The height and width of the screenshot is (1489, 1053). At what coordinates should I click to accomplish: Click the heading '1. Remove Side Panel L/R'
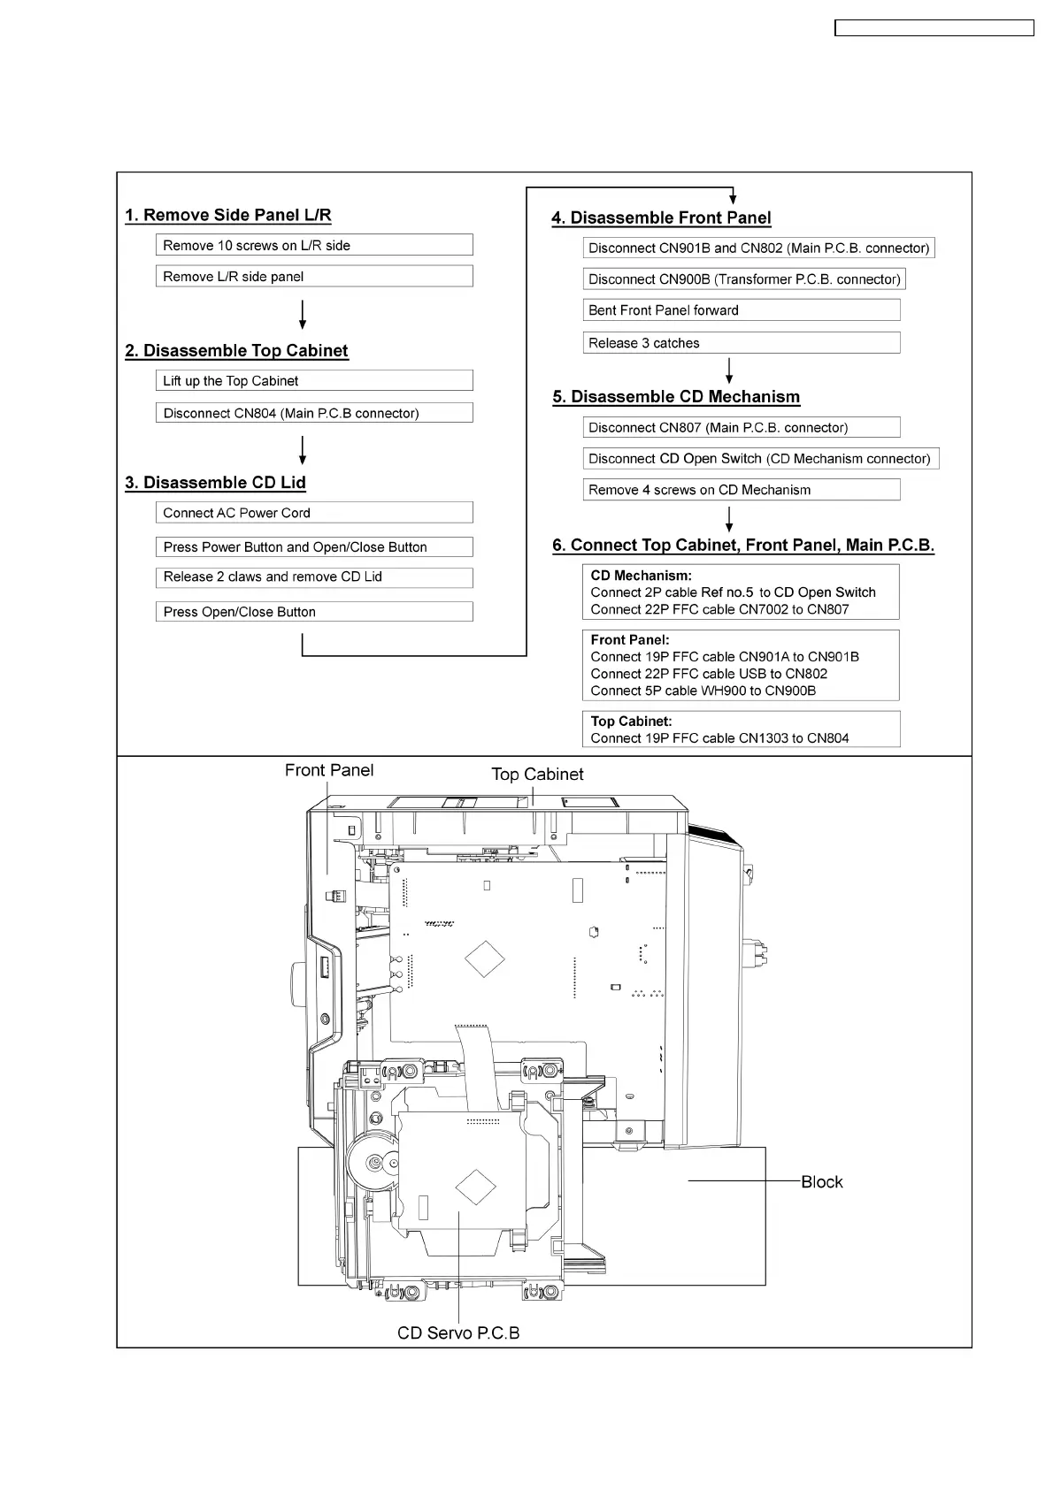click(228, 215)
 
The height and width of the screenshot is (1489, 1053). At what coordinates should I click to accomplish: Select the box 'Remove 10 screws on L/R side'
click(313, 245)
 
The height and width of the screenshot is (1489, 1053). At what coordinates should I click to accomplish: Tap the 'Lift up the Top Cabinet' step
click(313, 380)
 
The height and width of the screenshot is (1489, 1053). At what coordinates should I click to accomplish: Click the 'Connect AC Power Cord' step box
click(313, 512)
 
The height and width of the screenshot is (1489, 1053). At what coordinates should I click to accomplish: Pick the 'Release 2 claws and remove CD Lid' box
click(313, 577)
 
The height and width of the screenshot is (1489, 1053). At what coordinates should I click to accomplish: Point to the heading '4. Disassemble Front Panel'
click(661, 218)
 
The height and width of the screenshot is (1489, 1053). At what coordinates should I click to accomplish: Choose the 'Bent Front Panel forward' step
click(741, 309)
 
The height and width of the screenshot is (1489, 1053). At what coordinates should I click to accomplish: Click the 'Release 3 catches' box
click(741, 342)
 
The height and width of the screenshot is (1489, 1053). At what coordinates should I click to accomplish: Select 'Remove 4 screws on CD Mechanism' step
click(741, 489)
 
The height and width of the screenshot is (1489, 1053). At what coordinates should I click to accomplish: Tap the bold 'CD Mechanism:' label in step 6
click(641, 576)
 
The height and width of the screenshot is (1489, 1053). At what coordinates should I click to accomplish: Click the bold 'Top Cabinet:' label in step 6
click(631, 722)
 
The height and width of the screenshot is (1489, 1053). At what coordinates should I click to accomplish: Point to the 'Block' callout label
click(821, 1182)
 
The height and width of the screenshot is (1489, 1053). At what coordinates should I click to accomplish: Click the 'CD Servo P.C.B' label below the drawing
click(458, 1332)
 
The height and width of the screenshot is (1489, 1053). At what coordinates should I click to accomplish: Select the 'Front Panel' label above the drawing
click(329, 770)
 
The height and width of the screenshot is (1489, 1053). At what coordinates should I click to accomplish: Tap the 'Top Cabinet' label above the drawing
click(537, 775)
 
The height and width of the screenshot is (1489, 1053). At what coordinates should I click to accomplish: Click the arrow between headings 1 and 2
click(303, 314)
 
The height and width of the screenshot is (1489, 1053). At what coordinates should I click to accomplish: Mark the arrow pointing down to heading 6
click(729, 519)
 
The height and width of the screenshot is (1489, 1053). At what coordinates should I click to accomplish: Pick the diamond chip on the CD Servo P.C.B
click(475, 1187)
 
